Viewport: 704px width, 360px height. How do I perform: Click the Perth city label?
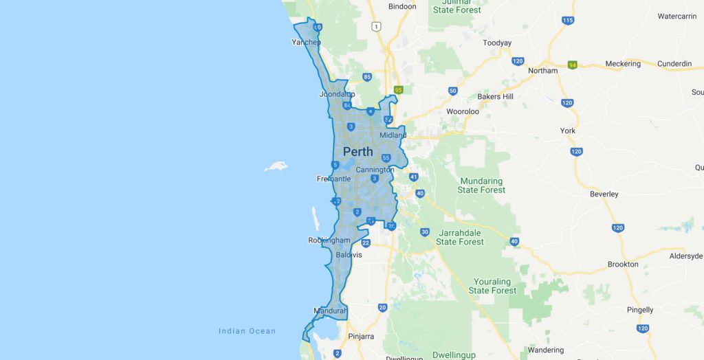tap(358, 152)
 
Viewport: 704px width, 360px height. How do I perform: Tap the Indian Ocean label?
tap(247, 331)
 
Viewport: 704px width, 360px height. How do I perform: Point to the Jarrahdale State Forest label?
tap(460, 237)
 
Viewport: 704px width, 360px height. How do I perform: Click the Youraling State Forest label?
tap(492, 286)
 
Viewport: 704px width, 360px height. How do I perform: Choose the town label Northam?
tap(542, 71)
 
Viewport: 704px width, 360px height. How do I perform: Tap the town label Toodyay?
tap(497, 43)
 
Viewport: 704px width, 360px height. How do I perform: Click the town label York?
tap(567, 131)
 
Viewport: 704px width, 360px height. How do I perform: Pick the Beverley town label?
tap(604, 194)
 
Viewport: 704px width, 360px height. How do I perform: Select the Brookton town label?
tap(623, 265)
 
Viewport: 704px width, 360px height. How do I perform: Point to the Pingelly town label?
tap(640, 310)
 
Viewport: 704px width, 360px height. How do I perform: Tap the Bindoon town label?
tap(402, 7)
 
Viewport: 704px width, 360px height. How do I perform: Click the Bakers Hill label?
tap(495, 97)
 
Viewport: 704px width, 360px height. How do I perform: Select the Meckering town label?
tap(622, 64)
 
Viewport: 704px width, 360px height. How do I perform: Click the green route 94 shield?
tap(572, 65)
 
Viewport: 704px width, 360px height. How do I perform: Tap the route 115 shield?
tap(567, 21)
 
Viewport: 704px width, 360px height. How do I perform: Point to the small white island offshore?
tap(275, 166)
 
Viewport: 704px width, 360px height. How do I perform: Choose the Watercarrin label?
tap(678, 16)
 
